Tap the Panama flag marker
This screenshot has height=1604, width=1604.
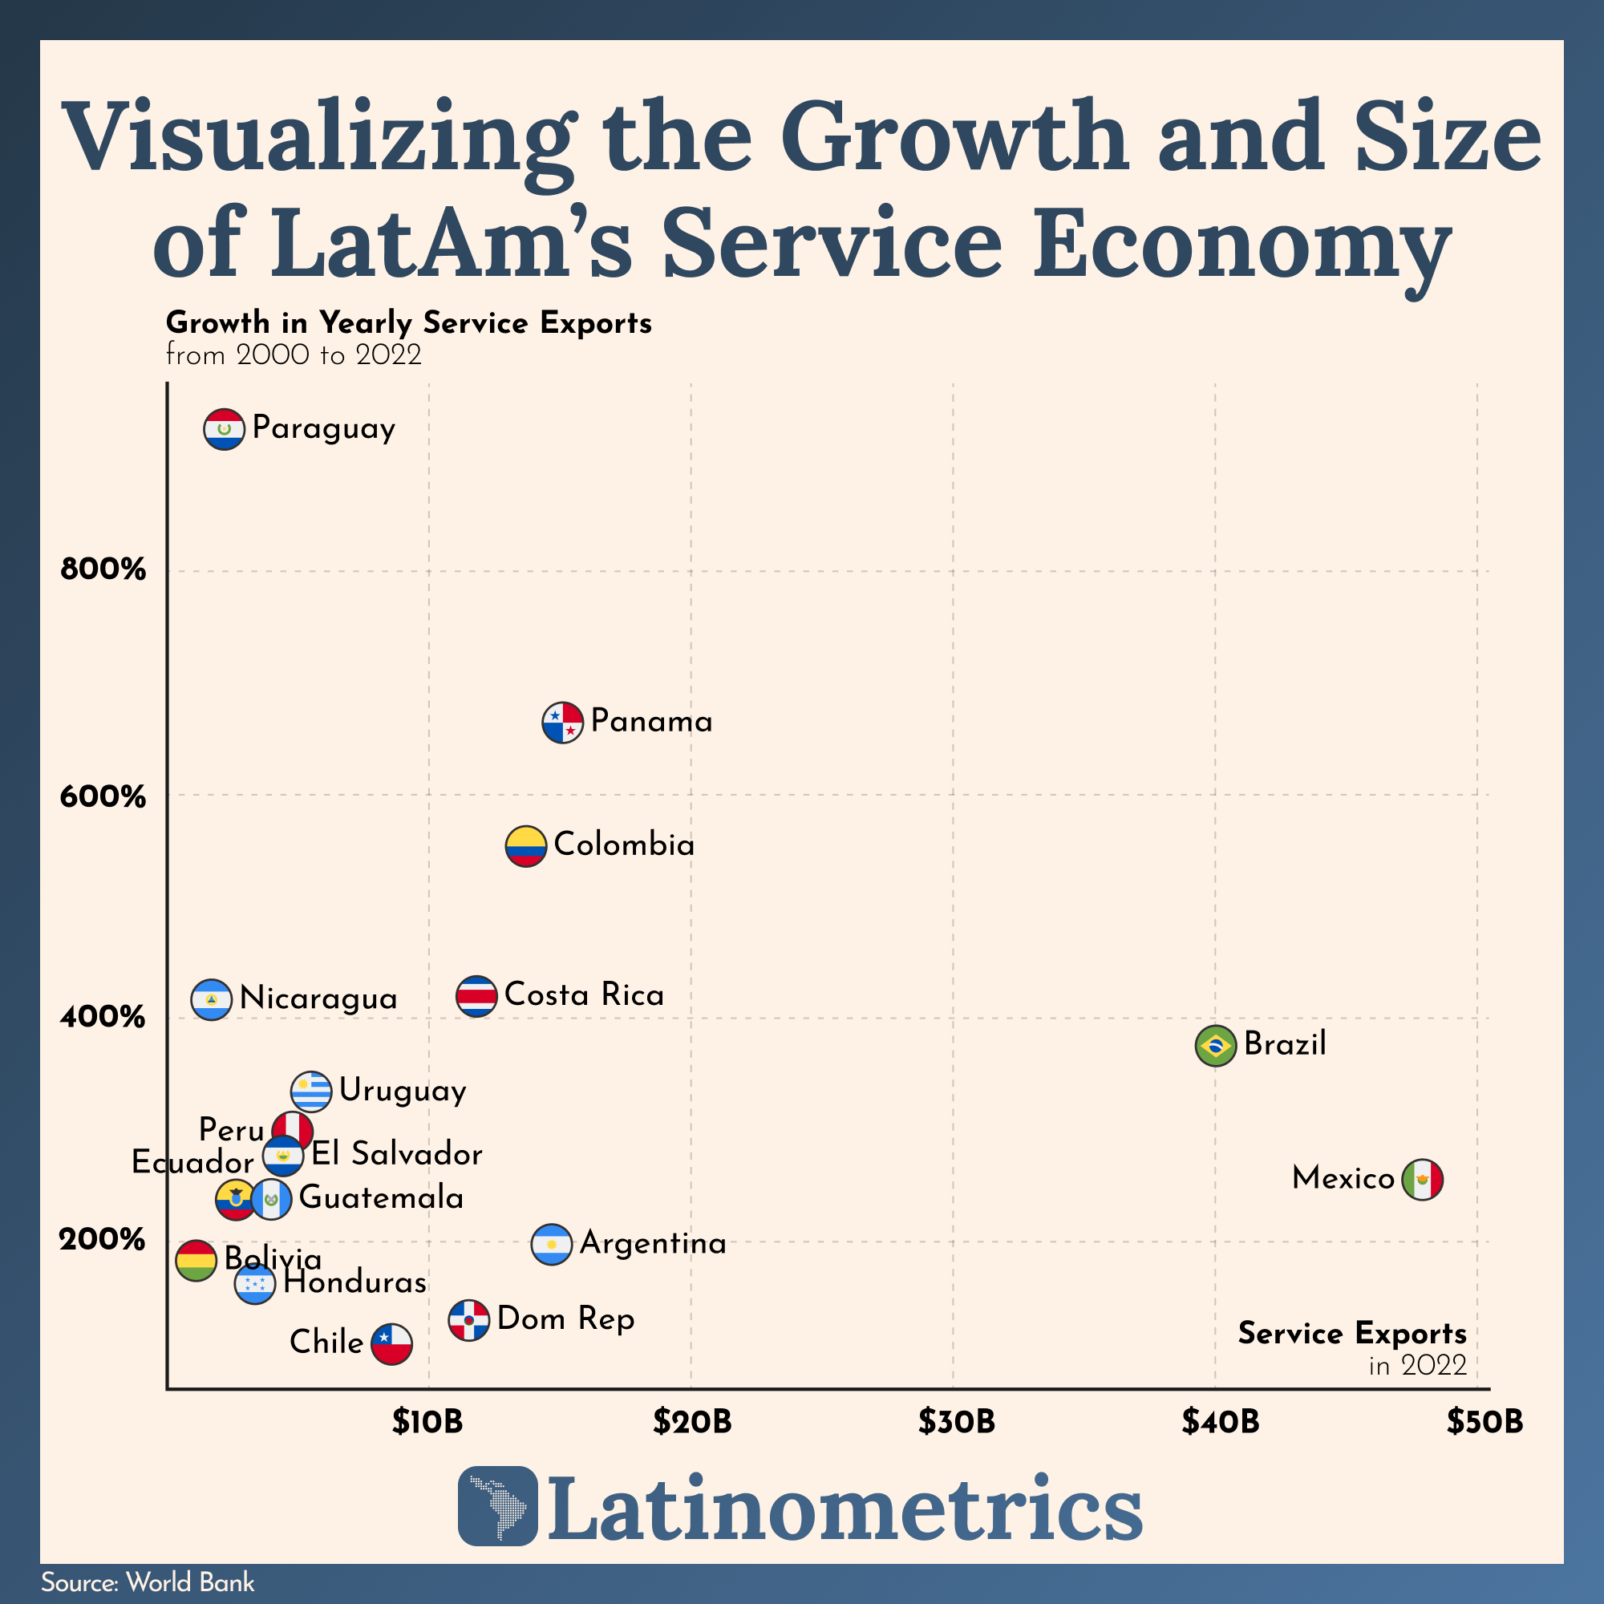[x=563, y=723]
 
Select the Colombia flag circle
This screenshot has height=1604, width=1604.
[x=525, y=846]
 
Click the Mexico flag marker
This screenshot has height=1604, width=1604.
[x=1422, y=1179]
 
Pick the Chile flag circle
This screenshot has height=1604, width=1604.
[x=392, y=1343]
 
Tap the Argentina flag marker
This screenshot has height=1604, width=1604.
[x=551, y=1245]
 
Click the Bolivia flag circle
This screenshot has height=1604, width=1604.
[x=196, y=1260]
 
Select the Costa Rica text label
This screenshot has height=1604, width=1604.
[x=584, y=994]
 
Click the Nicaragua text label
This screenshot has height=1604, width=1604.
[x=318, y=998]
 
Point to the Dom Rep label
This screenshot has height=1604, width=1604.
[x=565, y=1318]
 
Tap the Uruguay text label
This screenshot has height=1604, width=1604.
[x=403, y=1090]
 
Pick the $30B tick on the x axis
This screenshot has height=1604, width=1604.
[x=956, y=1422]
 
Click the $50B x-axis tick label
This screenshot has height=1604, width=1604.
[x=1485, y=1422]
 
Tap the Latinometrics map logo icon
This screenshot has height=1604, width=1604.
[x=497, y=1505]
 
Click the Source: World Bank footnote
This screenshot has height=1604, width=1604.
[x=148, y=1582]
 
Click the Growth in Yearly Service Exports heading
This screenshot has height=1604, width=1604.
[x=408, y=322]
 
